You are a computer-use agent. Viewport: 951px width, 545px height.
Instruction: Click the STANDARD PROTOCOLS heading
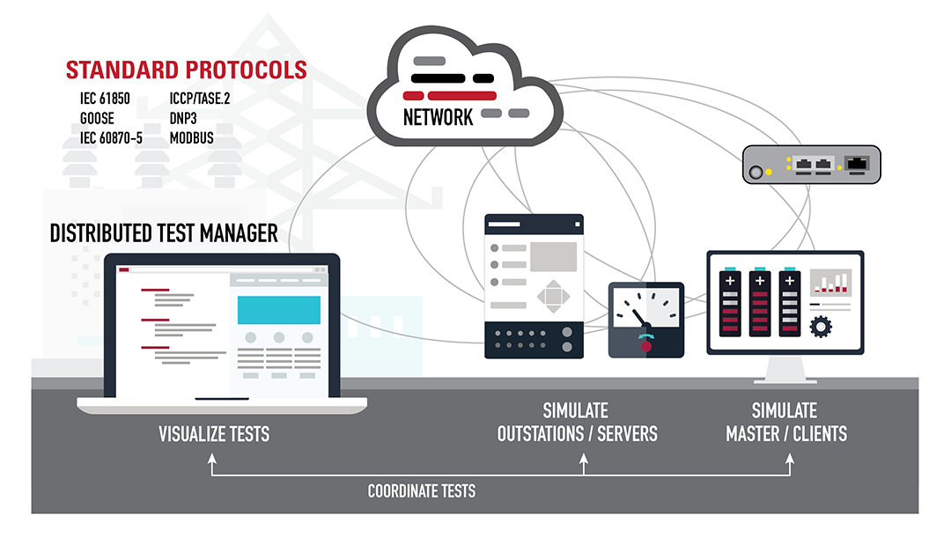(x=187, y=70)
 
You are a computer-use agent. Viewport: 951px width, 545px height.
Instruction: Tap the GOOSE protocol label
(x=97, y=119)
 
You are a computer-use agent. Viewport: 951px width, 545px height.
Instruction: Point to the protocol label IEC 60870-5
(x=112, y=138)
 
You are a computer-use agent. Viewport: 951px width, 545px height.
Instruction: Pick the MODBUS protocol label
(x=191, y=138)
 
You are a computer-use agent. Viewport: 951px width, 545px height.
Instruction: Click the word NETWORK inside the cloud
(x=438, y=117)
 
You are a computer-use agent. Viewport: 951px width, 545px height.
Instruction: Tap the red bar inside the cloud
(x=450, y=95)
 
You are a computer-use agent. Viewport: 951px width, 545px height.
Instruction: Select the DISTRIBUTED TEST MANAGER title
(x=164, y=233)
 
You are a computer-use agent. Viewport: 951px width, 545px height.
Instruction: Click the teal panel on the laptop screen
(x=279, y=310)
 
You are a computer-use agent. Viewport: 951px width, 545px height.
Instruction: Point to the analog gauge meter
(x=646, y=320)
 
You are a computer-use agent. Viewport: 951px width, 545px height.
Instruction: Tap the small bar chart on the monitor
(x=830, y=282)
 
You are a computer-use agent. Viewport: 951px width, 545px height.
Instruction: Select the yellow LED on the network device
(x=769, y=171)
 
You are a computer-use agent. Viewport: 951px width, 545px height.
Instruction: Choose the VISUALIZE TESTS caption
(x=214, y=434)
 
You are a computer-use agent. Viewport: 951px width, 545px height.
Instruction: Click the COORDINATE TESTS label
(x=422, y=491)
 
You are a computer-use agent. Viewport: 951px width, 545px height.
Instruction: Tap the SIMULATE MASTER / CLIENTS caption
(x=785, y=423)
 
